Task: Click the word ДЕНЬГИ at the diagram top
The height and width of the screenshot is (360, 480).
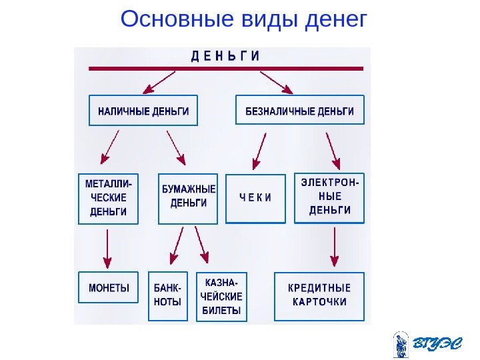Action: pos(225,57)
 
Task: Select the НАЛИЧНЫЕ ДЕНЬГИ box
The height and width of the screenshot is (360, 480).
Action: pos(143,111)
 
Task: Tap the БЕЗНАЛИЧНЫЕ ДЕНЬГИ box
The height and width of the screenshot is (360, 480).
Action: pos(300,111)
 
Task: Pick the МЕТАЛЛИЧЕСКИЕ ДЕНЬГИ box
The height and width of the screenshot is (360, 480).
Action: pos(108,198)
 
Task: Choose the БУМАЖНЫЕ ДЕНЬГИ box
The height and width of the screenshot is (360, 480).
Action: pos(189,198)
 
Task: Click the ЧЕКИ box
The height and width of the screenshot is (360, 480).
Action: pos(256,198)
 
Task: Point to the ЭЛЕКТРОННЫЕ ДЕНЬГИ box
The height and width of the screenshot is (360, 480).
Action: pos(330,198)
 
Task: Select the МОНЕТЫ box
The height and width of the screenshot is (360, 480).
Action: pos(109,289)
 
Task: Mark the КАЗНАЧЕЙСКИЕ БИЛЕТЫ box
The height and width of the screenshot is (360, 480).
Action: pos(222,296)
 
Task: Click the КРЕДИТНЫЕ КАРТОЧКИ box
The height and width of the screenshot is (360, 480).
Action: pos(319,295)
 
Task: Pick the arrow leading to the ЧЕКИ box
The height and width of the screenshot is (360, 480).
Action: pos(259,151)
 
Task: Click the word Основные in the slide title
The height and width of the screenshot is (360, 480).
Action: pos(175,19)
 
